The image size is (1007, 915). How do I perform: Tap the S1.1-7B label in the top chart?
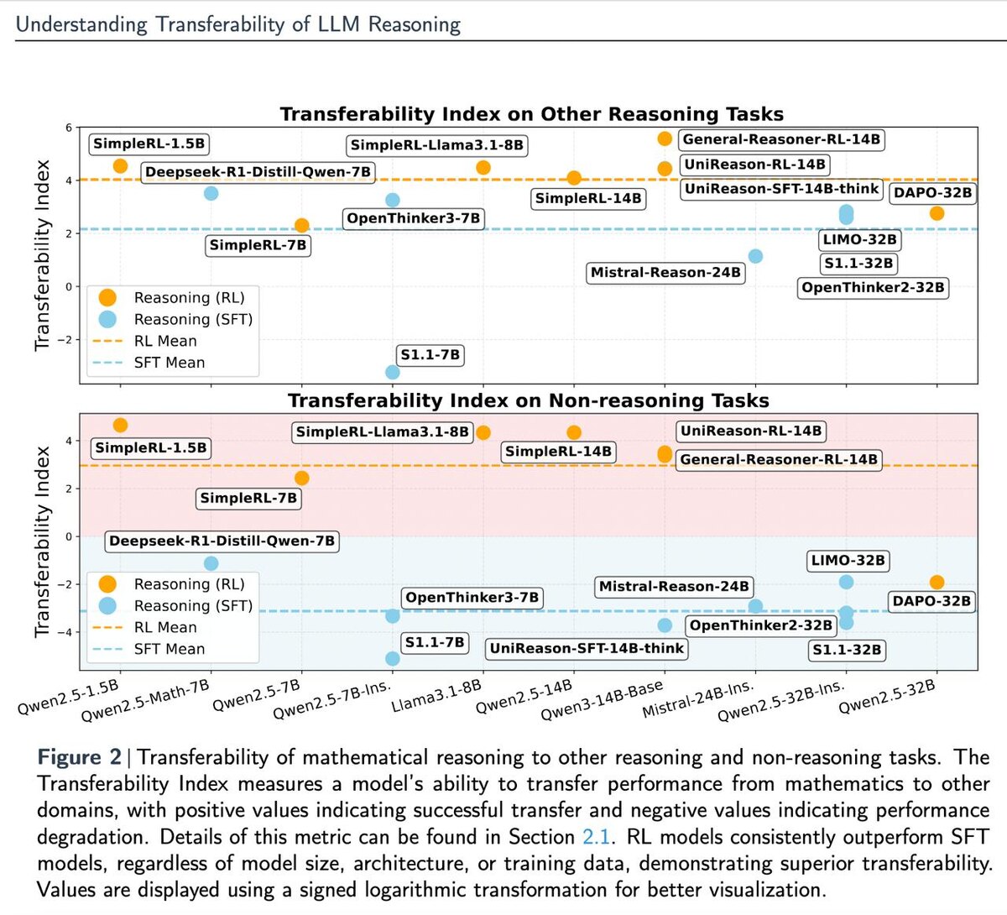[430, 355]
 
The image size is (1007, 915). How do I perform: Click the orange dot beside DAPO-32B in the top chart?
[937, 213]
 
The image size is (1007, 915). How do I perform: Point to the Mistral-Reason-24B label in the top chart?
[665, 273]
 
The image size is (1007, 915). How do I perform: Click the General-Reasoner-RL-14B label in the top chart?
[780, 139]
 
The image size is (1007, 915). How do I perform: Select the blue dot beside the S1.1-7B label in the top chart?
[392, 372]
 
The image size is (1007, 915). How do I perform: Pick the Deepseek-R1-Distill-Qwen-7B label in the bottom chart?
[222, 541]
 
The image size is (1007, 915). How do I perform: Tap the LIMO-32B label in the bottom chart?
[848, 561]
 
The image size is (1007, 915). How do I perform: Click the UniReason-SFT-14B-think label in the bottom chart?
[587, 649]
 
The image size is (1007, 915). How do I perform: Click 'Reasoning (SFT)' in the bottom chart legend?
[192, 606]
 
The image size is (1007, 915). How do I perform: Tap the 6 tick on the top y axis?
[69, 128]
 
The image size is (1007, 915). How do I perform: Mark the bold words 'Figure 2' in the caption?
[80, 757]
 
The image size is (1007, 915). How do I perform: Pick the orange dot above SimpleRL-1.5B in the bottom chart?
[120, 426]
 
